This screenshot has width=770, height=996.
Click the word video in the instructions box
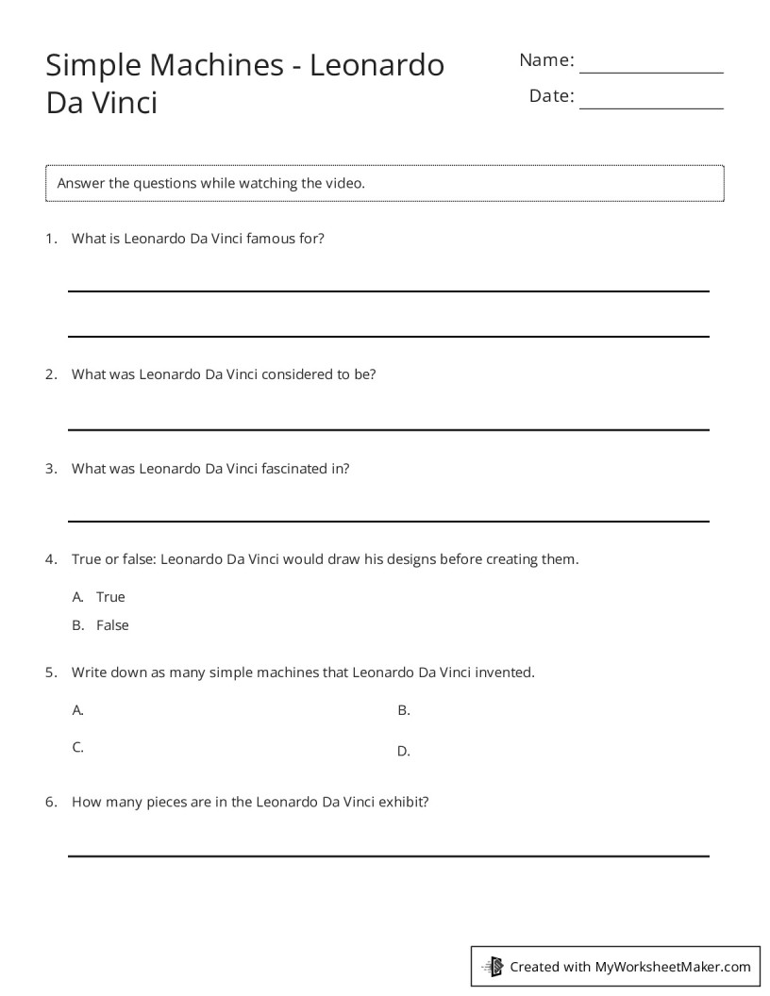tap(344, 183)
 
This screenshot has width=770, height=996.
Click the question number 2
tap(51, 374)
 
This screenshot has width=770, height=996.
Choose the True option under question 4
tap(110, 597)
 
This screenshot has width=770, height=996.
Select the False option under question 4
tap(112, 625)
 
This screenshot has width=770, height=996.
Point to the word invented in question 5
tap(504, 673)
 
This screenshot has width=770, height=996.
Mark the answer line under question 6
tap(388, 855)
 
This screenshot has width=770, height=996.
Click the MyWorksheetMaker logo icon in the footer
tap(494, 966)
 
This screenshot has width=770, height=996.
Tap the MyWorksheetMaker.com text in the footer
tap(673, 967)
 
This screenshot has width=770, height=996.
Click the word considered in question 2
tap(297, 374)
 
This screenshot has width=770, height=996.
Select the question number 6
tap(51, 803)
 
